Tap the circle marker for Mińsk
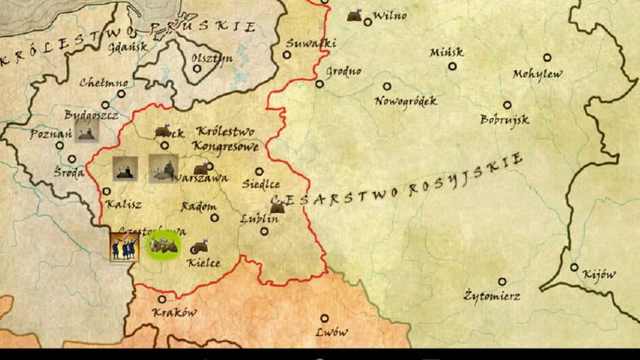pos(452,66)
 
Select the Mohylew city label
pos(538,73)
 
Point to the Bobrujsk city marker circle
pos(507,105)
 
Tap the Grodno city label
pos(343,71)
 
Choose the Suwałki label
pos(311,44)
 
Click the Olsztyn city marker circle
pos(197,68)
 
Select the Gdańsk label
pos(130,48)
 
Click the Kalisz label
pos(123,203)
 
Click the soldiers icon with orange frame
pos(125,246)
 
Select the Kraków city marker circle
pos(162,299)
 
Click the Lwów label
pos(332,333)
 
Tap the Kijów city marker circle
pos(575,267)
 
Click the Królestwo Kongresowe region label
pos(224,138)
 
